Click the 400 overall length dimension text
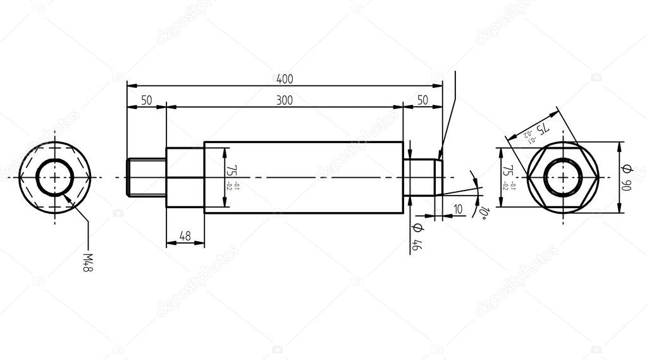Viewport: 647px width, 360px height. click(x=285, y=79)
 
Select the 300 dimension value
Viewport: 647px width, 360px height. click(x=285, y=101)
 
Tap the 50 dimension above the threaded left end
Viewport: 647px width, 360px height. click(x=146, y=101)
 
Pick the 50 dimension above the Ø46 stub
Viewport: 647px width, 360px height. click(x=422, y=101)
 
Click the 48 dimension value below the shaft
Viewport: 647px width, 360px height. click(x=185, y=236)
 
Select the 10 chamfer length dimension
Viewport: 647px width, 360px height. click(x=458, y=209)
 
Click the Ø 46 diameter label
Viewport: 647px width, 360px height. click(x=417, y=237)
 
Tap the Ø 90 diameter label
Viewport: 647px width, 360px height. click(x=627, y=178)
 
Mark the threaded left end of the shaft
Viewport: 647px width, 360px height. click(x=146, y=178)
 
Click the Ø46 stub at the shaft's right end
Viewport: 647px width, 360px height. click(x=421, y=178)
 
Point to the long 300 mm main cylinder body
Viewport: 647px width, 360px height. click(x=304, y=178)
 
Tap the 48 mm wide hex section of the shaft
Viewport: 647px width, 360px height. click(x=185, y=178)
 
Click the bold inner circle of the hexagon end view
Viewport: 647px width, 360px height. click(x=563, y=159)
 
